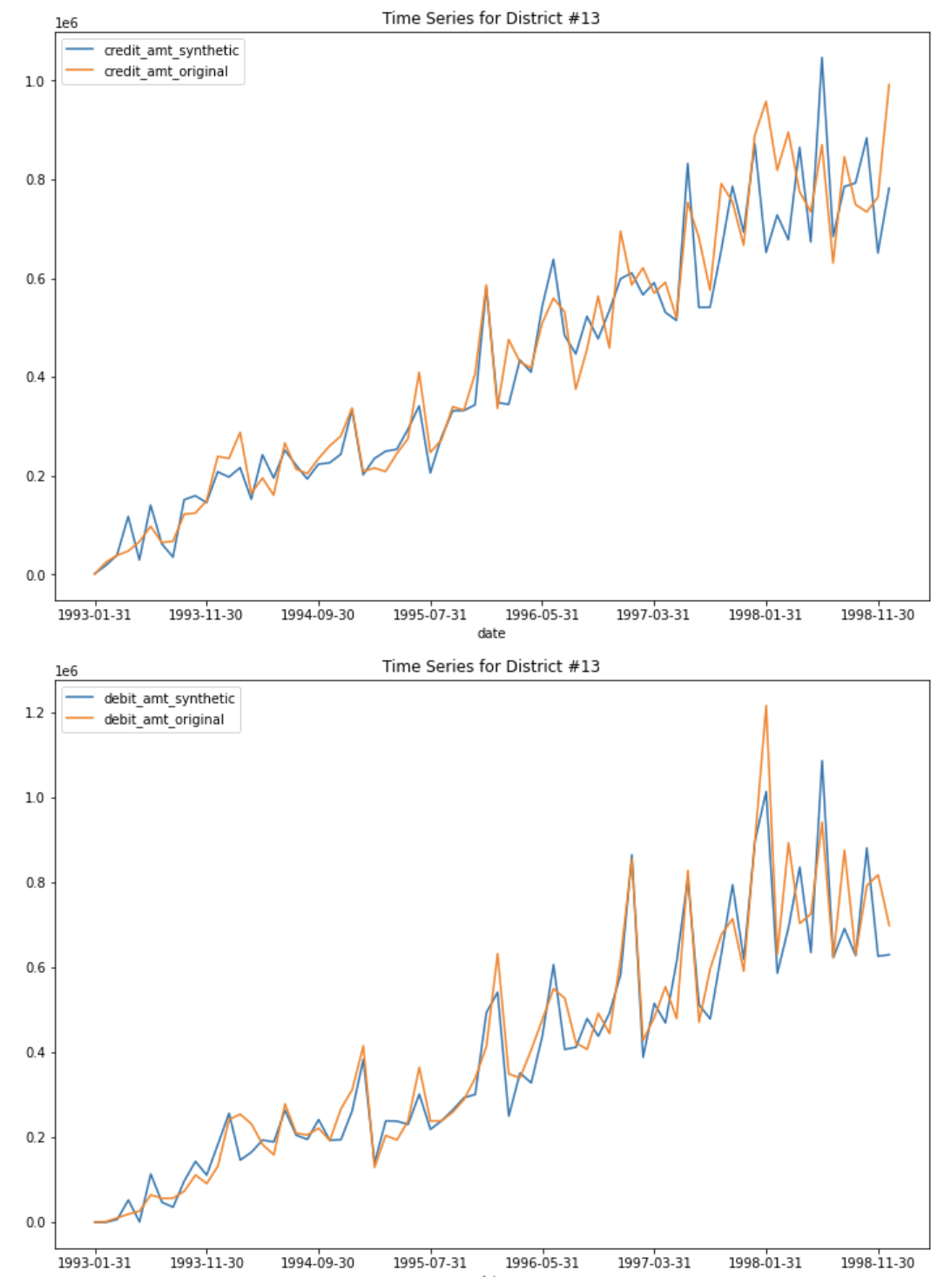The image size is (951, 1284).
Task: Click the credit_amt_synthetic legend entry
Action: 171,51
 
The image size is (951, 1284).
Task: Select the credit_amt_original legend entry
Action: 165,71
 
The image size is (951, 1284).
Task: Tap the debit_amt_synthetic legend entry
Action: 169,699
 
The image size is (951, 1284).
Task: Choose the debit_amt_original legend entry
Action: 164,720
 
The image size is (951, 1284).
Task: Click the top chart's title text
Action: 490,18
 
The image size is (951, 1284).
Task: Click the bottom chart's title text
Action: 490,666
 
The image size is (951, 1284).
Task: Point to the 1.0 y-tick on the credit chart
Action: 35,81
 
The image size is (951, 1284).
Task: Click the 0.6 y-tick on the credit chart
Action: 35,279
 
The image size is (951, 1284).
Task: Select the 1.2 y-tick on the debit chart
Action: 35,713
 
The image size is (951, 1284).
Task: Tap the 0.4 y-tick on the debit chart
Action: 35,1052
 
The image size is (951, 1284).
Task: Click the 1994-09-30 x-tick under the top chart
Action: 318,615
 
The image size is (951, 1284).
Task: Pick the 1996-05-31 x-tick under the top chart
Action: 542,615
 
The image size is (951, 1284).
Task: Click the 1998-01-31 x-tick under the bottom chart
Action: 766,1263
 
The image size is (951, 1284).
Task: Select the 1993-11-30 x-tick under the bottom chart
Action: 206,1263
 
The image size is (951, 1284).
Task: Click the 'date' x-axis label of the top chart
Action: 491,633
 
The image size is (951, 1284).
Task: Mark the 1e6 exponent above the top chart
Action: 66,24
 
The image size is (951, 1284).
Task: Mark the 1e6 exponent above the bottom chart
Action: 66,672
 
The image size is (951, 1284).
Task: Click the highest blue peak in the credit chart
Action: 821,58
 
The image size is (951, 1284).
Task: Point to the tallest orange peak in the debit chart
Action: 766,706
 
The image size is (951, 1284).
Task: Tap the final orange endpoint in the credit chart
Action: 888,84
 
